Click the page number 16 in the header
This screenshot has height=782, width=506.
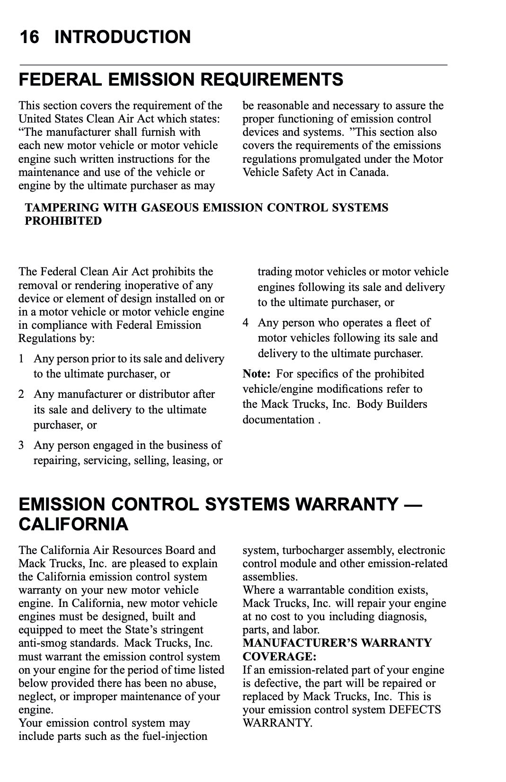(x=29, y=37)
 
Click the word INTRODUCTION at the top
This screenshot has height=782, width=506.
(x=123, y=37)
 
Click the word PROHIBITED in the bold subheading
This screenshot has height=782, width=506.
(x=63, y=221)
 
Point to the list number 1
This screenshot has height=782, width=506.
(x=21, y=359)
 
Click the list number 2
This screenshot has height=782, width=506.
(x=21, y=394)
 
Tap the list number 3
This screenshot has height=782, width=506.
(x=21, y=445)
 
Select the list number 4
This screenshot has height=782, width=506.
(x=245, y=323)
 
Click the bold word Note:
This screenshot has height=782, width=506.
(x=256, y=374)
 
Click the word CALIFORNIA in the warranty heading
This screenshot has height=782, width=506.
(x=73, y=524)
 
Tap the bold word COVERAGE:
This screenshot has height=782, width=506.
(x=279, y=657)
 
